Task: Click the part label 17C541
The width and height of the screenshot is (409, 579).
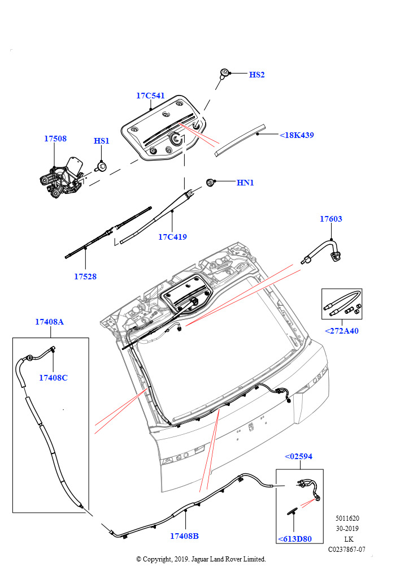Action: [x=150, y=96]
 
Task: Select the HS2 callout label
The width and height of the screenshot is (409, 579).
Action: [x=256, y=75]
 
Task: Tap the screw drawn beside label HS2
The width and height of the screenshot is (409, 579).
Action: [x=225, y=73]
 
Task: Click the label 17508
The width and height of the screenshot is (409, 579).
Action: [x=55, y=139]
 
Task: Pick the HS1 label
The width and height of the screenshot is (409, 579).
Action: [x=101, y=141]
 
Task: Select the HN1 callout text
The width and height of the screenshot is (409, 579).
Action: [x=245, y=183]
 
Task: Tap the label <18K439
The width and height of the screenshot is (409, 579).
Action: [x=297, y=136]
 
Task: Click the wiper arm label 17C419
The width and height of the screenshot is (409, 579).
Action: [x=172, y=237]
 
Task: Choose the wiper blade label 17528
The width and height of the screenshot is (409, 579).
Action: [x=85, y=276]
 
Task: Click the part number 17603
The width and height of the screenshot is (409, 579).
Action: [x=331, y=219]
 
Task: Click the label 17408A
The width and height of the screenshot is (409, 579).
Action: [x=49, y=322]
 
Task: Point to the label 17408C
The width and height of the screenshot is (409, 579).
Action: [x=53, y=378]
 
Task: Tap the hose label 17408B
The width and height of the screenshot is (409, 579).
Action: [x=184, y=536]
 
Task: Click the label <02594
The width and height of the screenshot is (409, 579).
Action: [x=298, y=456]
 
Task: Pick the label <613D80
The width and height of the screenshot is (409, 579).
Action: [x=294, y=539]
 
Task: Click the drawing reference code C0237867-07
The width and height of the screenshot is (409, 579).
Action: [x=347, y=549]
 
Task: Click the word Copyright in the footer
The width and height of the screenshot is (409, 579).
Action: [x=160, y=559]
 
